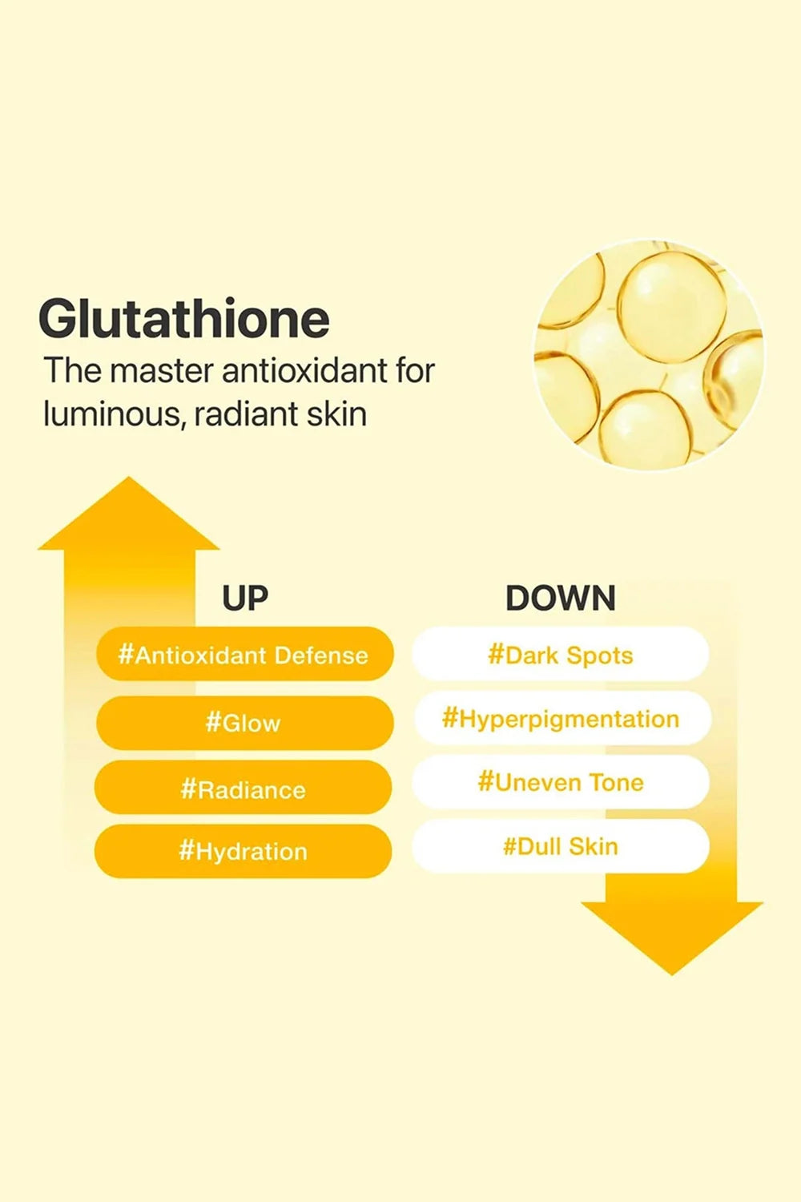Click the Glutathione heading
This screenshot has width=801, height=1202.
click(x=184, y=319)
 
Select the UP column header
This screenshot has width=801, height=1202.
click(x=244, y=599)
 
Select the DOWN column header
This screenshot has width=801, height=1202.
click(x=560, y=599)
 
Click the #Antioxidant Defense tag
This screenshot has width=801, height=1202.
click(x=244, y=655)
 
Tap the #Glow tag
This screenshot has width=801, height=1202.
click(x=244, y=723)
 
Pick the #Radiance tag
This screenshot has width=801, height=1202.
click(x=244, y=789)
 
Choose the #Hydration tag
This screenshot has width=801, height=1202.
click(x=244, y=851)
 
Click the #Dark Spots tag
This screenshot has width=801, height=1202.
click(x=561, y=655)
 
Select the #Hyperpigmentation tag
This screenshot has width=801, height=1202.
click(x=561, y=719)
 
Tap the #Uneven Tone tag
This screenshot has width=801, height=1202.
click(x=561, y=782)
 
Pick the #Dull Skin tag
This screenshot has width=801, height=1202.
click(x=561, y=846)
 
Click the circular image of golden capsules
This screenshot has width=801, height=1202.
click(x=649, y=354)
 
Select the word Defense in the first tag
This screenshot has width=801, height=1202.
click(x=321, y=655)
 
